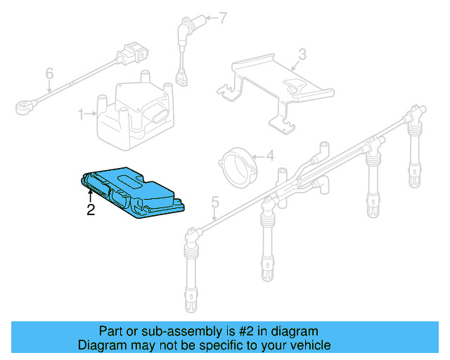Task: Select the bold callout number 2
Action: (90, 210)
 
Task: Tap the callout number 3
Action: (302, 53)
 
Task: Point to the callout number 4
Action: (270, 157)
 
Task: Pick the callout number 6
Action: (49, 73)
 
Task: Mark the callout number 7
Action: (223, 18)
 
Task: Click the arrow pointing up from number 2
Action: (90, 195)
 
